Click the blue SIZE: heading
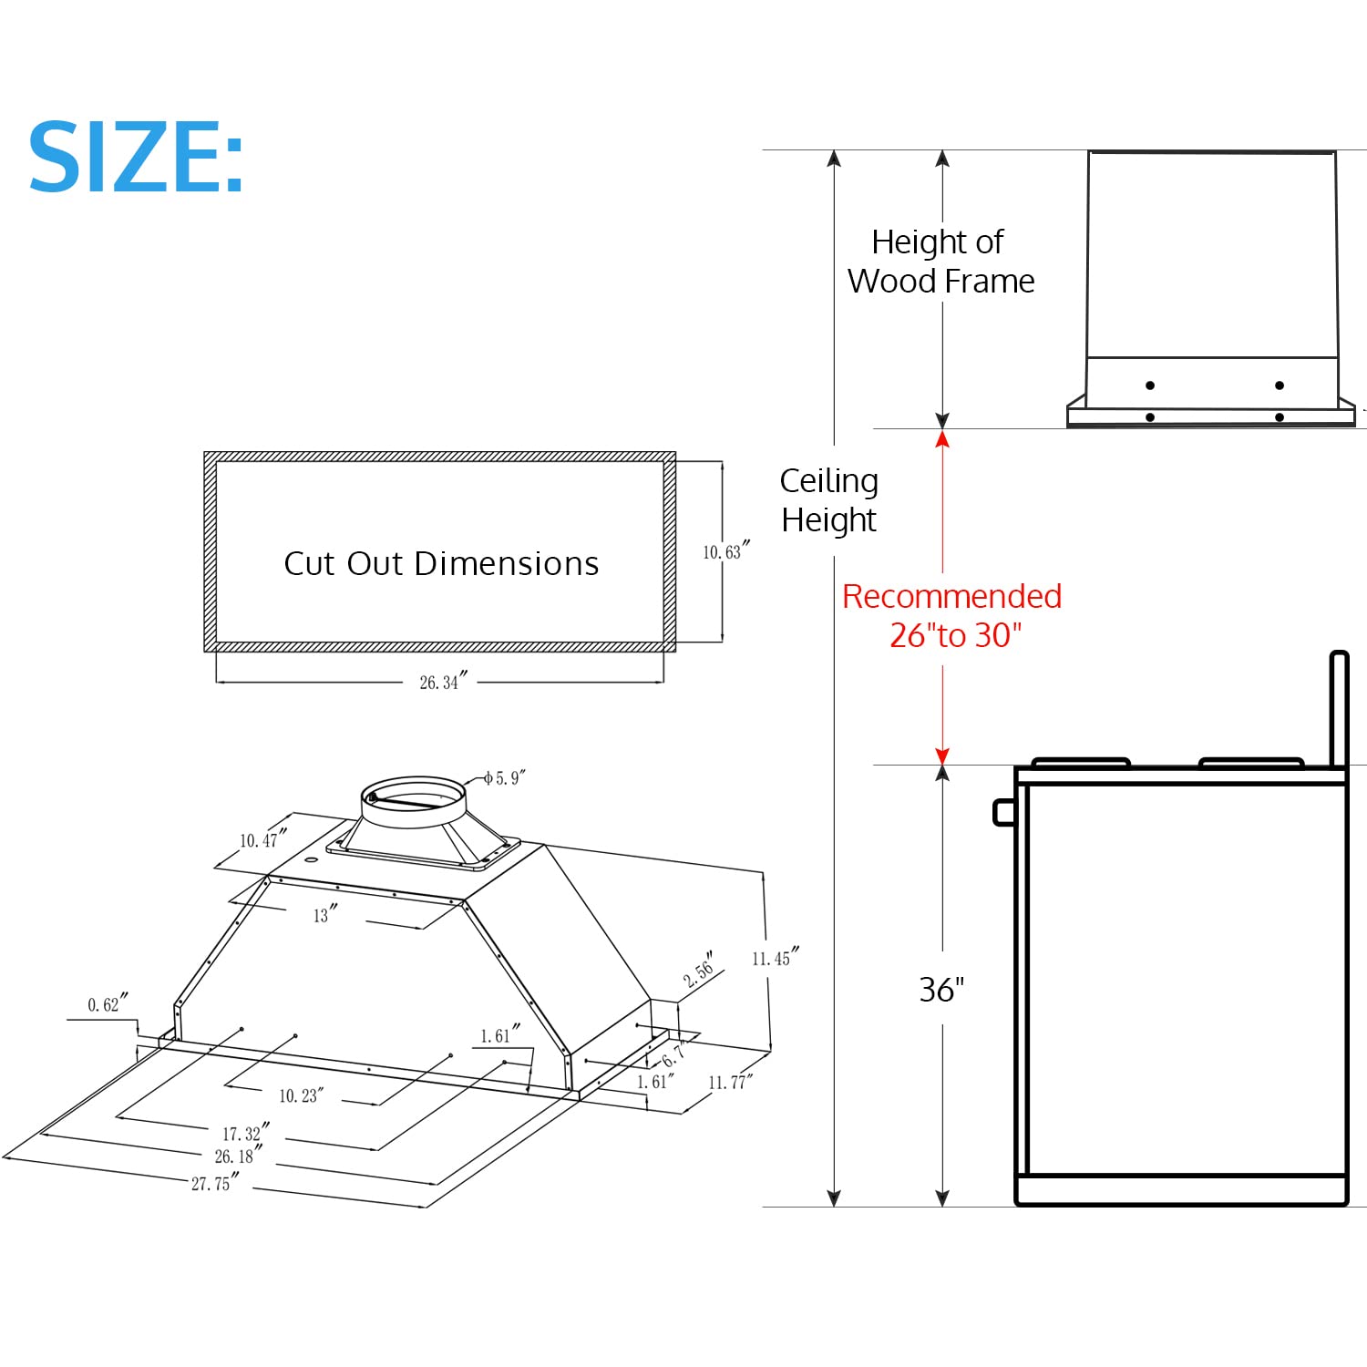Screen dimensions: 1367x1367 point(137,158)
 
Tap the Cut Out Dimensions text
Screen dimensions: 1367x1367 point(441,564)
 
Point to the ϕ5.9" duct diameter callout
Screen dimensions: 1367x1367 point(504,777)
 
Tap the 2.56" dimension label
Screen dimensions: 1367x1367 point(700,971)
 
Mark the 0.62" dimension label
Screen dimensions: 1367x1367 point(107,1003)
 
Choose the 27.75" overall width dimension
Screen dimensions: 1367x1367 point(214,1183)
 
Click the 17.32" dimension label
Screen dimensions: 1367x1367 point(245,1133)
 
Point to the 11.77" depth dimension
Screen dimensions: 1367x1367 point(730,1082)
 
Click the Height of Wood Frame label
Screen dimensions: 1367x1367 point(940,262)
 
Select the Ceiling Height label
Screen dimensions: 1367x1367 point(828,500)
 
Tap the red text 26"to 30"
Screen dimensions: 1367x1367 point(955,635)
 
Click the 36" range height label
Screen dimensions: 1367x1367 point(941,990)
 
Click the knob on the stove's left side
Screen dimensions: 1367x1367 point(1003,811)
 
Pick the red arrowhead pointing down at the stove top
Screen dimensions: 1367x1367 point(942,756)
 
